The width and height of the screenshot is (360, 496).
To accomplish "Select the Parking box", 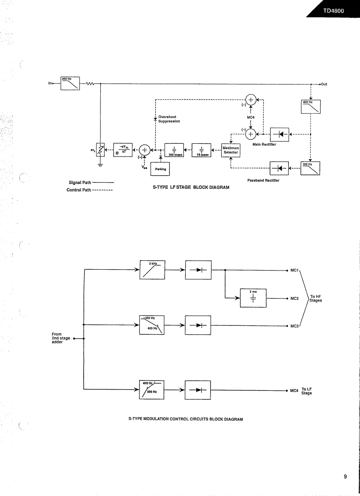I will (160, 169).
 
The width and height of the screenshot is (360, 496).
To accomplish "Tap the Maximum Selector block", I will (230, 150).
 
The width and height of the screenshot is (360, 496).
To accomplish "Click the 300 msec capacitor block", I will (173, 150).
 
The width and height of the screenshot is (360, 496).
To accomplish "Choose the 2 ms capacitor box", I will (253, 298).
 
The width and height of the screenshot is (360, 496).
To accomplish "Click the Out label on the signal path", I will (323, 84).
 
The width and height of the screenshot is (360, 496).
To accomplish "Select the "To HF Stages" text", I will (315, 298).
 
